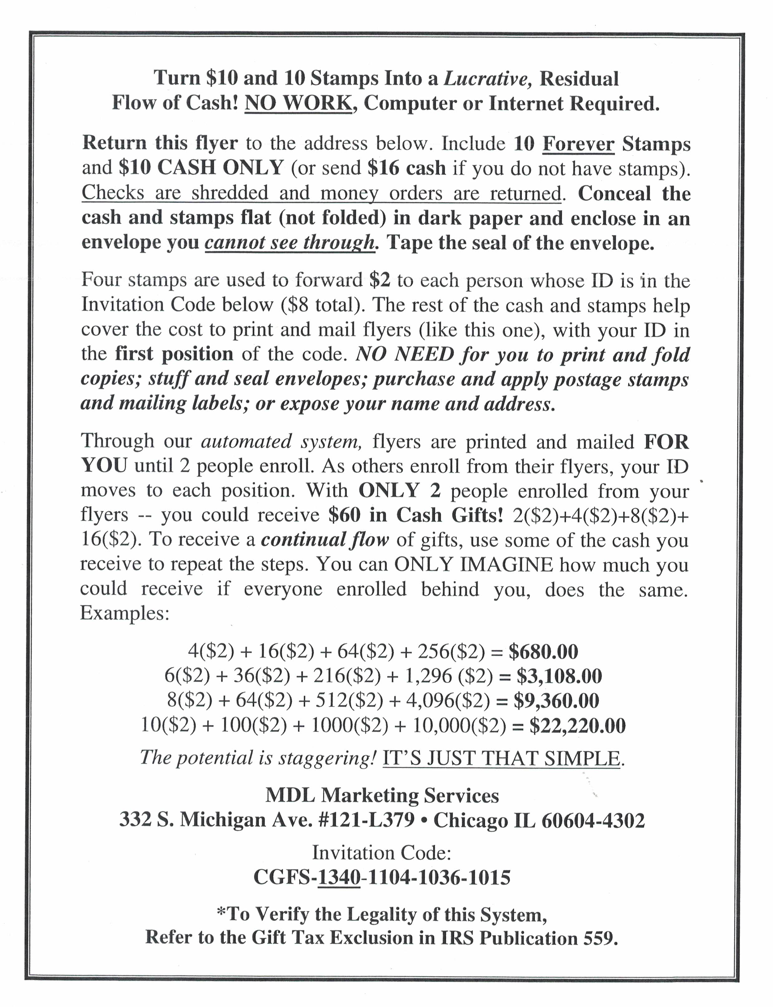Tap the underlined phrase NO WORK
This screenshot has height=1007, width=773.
298,103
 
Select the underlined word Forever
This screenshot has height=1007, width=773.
578,144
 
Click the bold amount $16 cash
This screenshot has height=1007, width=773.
407,168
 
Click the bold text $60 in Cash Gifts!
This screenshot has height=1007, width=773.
415,515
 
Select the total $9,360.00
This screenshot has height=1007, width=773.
556,700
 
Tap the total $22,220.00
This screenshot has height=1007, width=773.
577,725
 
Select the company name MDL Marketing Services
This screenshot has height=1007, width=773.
382,795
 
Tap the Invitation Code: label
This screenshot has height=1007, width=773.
381,853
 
